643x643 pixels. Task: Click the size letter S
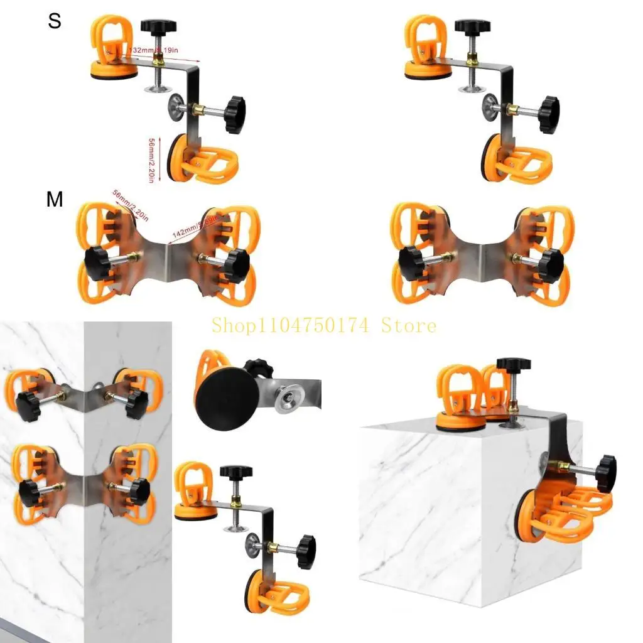55,21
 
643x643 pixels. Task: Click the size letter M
55,200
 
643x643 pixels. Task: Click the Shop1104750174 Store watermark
323,325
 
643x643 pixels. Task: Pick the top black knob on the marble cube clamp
513,364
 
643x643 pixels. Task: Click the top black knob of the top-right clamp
472,27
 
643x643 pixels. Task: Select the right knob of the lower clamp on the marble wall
138,490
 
